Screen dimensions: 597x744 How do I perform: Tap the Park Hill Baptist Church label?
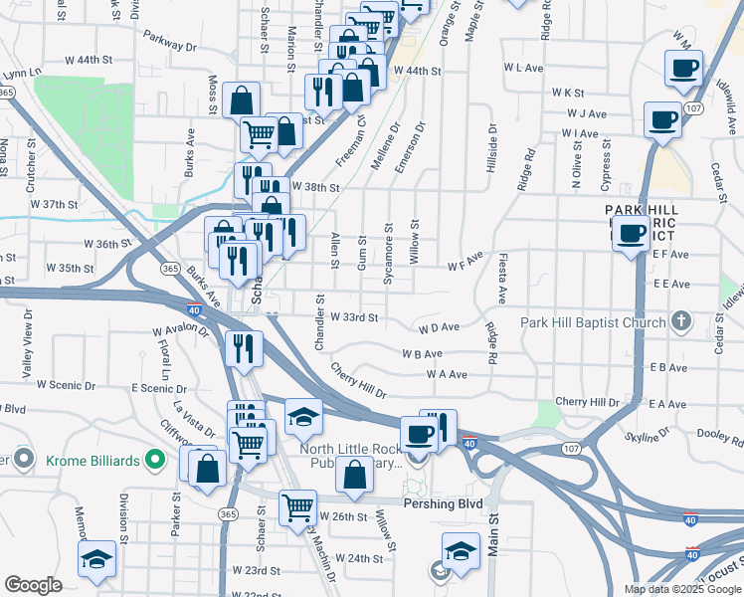point(593,322)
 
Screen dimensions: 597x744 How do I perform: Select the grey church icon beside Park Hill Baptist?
point(680,321)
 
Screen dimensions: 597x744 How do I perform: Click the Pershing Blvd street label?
point(443,504)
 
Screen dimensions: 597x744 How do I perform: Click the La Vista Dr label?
point(194,419)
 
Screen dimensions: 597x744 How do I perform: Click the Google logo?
point(33,585)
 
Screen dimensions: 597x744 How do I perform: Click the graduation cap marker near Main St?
point(462,550)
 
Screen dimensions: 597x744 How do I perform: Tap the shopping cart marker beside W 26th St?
point(298,507)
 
